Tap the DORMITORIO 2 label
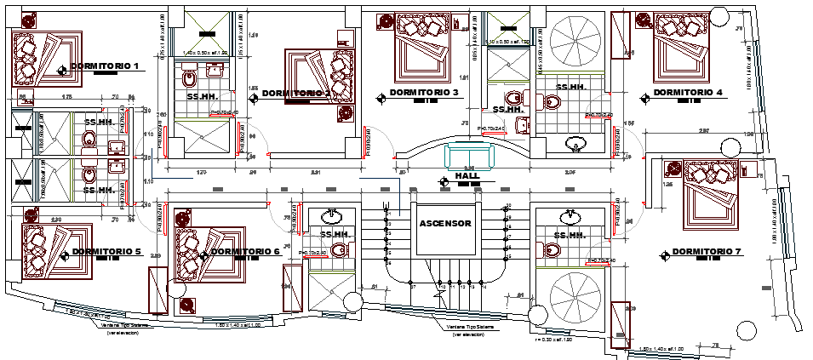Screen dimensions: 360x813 [296, 93]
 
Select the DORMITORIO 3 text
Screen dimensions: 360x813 [424, 92]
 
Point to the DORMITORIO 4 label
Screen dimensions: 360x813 [689, 92]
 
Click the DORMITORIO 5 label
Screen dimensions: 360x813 [107, 252]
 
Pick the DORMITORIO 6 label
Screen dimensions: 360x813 [245, 252]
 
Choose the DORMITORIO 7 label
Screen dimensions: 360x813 [707, 252]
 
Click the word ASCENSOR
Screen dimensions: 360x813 [445, 224]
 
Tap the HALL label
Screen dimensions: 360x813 [467, 176]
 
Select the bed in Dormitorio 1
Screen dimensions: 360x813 [46, 59]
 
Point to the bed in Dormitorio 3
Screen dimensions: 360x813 [423, 48]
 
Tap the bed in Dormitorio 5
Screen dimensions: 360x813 [51, 248]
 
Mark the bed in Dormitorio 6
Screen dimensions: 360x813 [209, 251]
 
